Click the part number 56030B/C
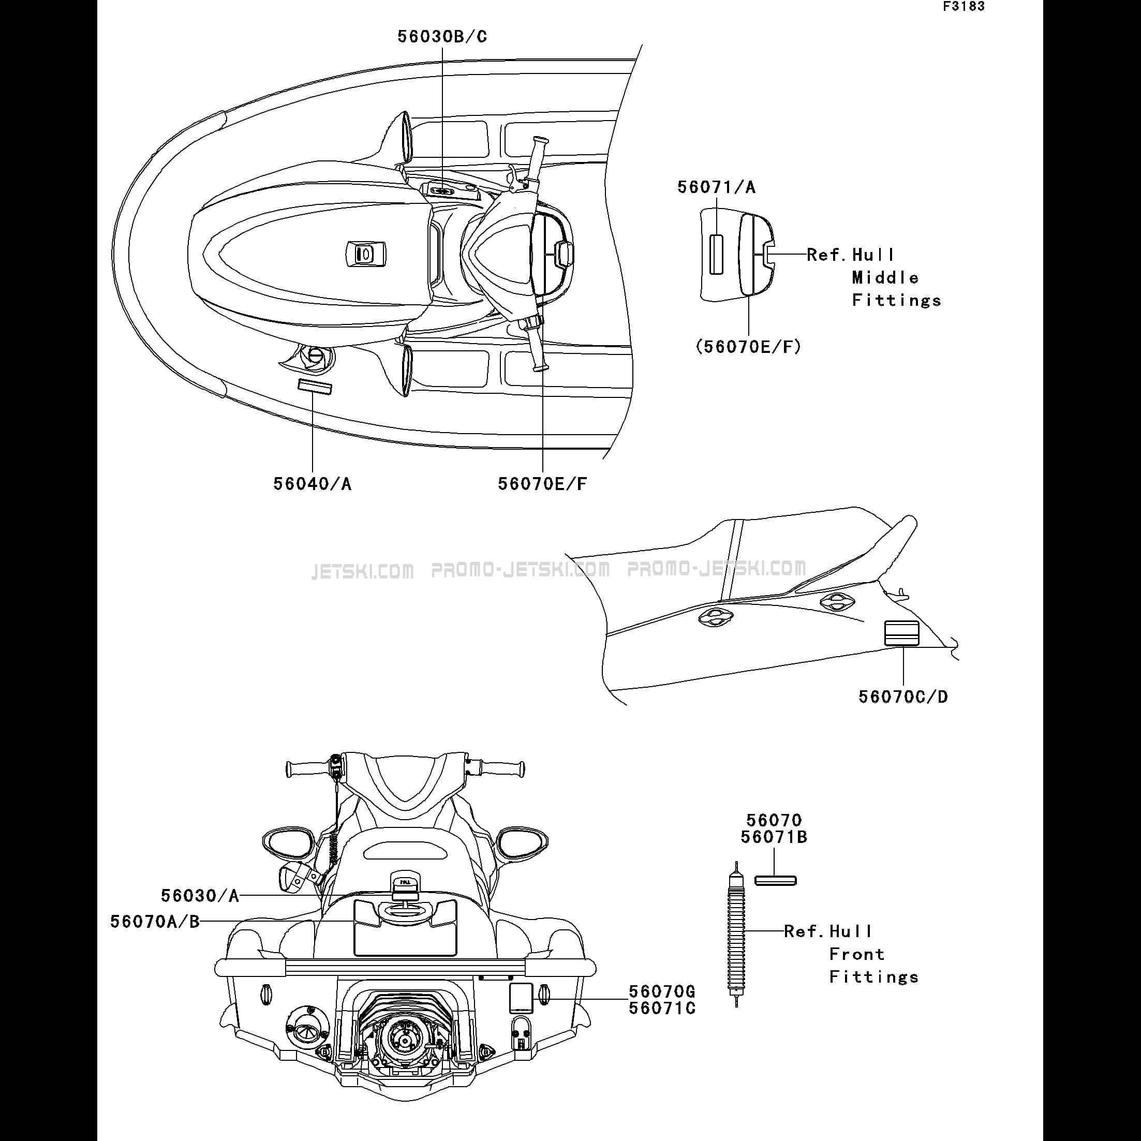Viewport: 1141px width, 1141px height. (442, 37)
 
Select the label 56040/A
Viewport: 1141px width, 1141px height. (313, 484)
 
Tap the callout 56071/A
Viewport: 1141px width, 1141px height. (716, 187)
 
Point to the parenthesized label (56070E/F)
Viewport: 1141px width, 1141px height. (749, 347)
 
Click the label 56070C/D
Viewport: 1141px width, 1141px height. (903, 697)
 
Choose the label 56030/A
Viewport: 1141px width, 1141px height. (200, 896)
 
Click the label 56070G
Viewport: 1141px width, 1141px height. (662, 991)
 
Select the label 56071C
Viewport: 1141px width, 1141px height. (662, 1008)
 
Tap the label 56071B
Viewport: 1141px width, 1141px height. (774, 837)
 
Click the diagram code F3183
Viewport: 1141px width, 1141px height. (964, 7)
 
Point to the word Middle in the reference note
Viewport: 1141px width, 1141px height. (885, 277)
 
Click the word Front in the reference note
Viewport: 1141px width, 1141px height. (857, 954)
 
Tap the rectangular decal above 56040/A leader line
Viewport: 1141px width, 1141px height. (314, 387)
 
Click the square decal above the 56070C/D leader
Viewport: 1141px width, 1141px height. (901, 634)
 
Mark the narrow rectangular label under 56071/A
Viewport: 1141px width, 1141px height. (716, 255)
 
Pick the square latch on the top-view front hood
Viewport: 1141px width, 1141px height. (365, 255)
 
